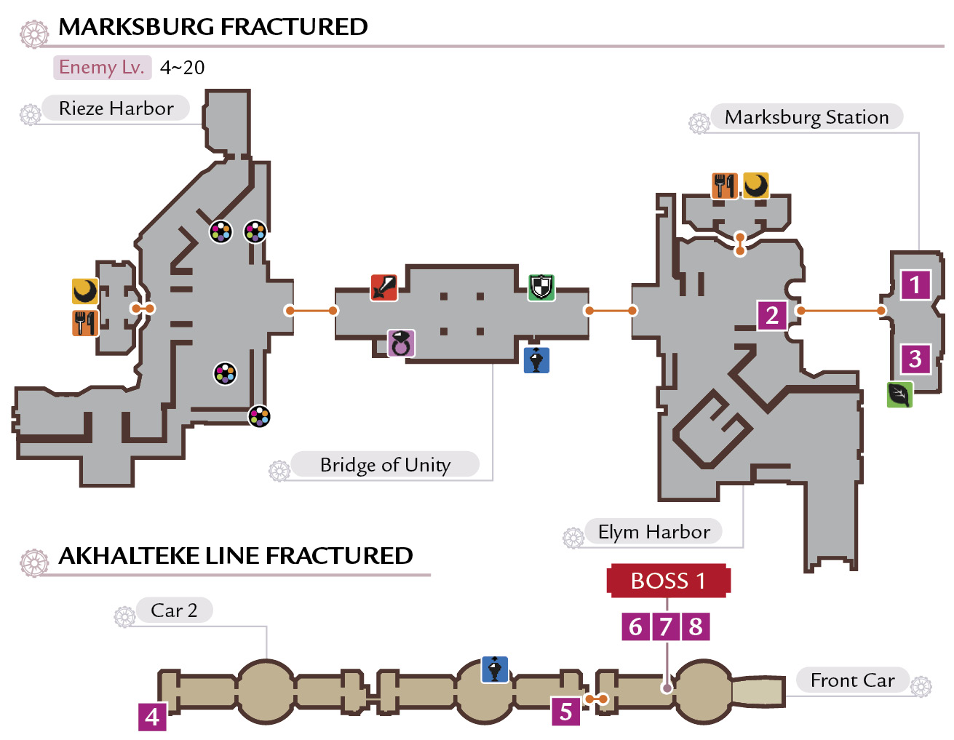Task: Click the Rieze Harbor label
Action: click(116, 108)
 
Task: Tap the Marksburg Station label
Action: click(806, 116)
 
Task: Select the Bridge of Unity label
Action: click(385, 464)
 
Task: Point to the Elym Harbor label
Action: click(653, 531)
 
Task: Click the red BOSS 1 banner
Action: click(668, 581)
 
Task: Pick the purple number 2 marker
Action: click(772, 315)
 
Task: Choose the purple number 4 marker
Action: click(152, 717)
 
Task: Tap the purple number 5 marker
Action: click(565, 712)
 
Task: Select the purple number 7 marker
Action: click(666, 626)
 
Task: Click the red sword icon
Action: click(384, 287)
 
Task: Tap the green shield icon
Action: click(541, 287)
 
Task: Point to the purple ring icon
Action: click(401, 343)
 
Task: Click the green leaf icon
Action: click(899, 394)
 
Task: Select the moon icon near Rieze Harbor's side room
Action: click(85, 291)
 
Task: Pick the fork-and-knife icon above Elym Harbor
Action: click(724, 186)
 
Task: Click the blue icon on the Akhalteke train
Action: click(495, 669)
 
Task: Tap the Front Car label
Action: click(852, 680)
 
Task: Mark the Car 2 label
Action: click(175, 610)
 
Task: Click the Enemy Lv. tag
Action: click(103, 68)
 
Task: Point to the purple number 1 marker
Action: click(915, 285)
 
